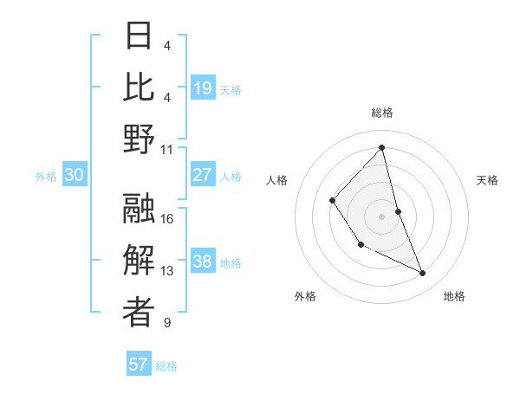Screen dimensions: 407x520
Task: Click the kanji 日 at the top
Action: [140, 36]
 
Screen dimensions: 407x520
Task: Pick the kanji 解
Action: [140, 261]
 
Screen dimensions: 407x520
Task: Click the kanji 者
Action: [140, 313]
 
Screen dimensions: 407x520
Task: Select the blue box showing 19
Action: [203, 88]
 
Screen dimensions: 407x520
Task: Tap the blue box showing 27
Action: [203, 175]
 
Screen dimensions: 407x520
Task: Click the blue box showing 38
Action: [203, 262]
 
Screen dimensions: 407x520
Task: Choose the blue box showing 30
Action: [75, 175]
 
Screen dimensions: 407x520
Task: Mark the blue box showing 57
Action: [139, 365]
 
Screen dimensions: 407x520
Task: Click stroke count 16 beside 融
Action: [168, 218]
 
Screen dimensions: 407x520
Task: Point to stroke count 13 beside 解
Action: [168, 271]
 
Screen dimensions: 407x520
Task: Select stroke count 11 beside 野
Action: [168, 149]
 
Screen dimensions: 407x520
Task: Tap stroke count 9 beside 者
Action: [167, 323]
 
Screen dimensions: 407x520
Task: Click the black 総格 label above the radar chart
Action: [381, 113]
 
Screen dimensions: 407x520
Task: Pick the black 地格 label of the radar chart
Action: [454, 296]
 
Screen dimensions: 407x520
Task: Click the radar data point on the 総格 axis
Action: [381, 147]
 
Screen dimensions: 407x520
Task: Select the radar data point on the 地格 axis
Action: [423, 274]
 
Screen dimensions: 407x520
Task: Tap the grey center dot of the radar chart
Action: [381, 216]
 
